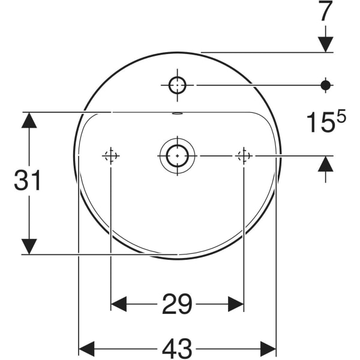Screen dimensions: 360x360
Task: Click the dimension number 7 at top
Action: [325, 13]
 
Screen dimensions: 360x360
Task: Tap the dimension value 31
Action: [28, 181]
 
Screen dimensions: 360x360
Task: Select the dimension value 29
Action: [177, 305]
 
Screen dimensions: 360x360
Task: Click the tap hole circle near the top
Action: [177, 85]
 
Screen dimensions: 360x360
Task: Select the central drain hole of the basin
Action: [177, 156]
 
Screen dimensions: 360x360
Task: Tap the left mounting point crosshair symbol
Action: [111, 156]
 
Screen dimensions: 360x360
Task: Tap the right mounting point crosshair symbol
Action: [244, 156]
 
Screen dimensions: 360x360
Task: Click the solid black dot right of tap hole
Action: [326, 85]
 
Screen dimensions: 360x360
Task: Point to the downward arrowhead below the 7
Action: [326, 44]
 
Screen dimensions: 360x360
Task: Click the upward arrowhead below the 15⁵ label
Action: [326, 164]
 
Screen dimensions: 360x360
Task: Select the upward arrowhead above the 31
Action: [28, 120]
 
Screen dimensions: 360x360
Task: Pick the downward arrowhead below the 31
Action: [28, 246]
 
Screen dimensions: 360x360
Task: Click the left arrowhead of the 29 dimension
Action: [119, 305]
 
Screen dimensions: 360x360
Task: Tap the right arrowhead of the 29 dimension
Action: [236, 305]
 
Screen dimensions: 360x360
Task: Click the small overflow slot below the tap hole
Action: [177, 113]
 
